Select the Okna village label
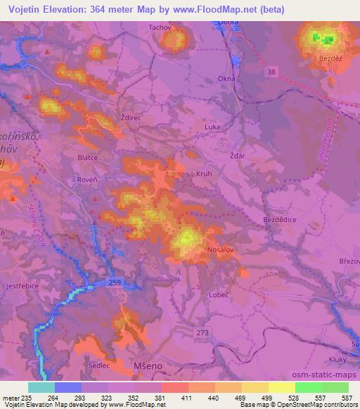coord(226,79)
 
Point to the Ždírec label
coord(132,119)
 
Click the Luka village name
coord(212,126)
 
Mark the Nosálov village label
coord(219,249)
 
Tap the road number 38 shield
coord(272,72)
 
